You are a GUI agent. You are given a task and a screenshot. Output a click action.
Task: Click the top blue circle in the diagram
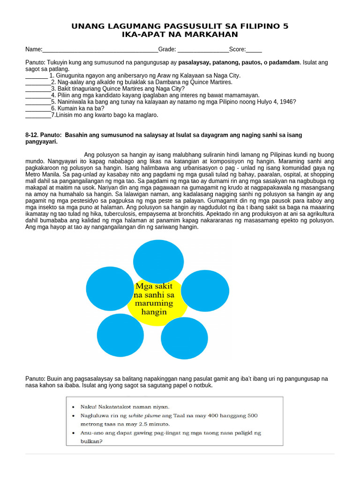[x=158, y=262]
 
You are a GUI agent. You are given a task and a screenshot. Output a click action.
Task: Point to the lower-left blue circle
[x=120, y=336]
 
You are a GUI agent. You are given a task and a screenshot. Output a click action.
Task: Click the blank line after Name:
[x=100, y=49]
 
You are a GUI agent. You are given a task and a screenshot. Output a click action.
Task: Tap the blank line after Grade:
[x=203, y=49]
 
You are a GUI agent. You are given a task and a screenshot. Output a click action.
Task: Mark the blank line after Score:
[x=254, y=49]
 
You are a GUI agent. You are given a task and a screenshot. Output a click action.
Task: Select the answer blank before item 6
[x=38, y=108]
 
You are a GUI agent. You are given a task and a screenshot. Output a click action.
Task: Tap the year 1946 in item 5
[x=288, y=102]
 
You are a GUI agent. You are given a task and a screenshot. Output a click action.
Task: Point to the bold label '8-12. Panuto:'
[x=43, y=135]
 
